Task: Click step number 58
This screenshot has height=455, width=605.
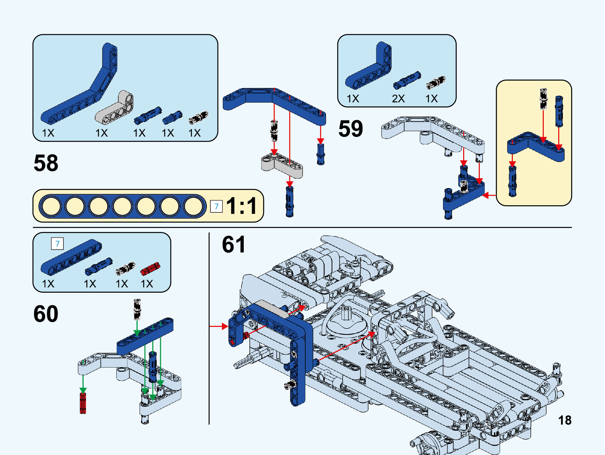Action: tap(46, 163)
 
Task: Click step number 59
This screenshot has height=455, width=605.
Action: tap(351, 128)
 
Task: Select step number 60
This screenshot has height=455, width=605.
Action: tap(46, 314)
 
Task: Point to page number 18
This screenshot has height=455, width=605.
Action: tap(565, 420)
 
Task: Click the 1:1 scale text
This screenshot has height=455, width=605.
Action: tap(241, 206)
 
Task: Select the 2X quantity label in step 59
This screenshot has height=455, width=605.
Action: tap(398, 99)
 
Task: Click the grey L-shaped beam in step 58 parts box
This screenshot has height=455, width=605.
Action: tap(115, 108)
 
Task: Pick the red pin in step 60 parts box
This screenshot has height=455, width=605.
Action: tap(150, 268)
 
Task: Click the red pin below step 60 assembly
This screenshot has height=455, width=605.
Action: tap(83, 403)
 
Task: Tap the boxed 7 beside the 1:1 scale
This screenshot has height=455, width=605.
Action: tap(216, 206)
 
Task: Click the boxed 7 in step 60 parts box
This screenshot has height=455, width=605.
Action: tap(57, 244)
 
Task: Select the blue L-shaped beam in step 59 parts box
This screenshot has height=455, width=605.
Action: tap(369, 68)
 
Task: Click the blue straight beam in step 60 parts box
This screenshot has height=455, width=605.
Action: tap(71, 257)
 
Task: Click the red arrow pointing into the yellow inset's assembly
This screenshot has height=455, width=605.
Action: tap(489, 195)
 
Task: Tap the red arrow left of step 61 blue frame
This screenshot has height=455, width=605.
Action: tap(219, 326)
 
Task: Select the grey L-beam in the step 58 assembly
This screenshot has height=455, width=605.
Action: tap(281, 164)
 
